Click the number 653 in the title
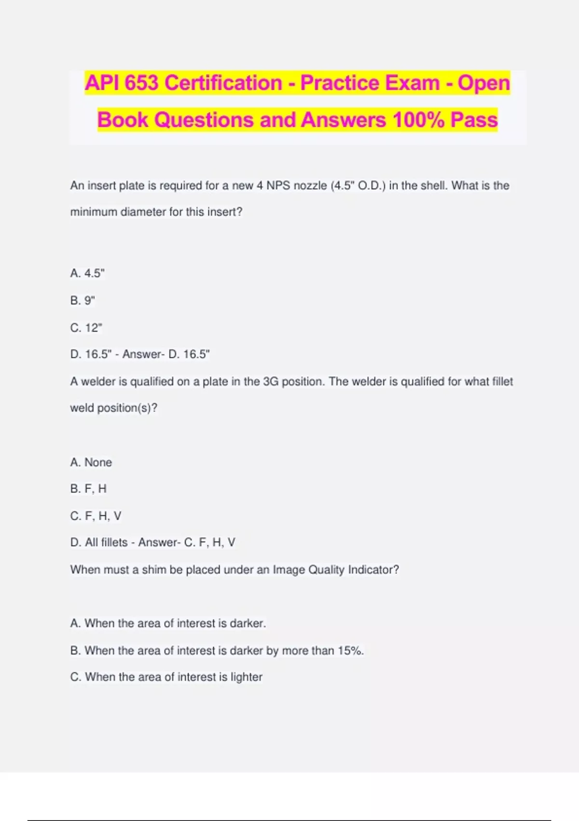click(141, 83)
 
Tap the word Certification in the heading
click(223, 83)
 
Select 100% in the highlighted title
click(418, 120)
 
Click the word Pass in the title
click(473, 120)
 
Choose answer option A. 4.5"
click(87, 273)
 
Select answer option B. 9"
click(83, 300)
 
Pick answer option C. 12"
click(86, 328)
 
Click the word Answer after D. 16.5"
click(141, 354)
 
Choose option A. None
click(91, 463)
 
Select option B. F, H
click(88, 489)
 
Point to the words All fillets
click(106, 543)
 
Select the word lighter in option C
click(246, 677)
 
